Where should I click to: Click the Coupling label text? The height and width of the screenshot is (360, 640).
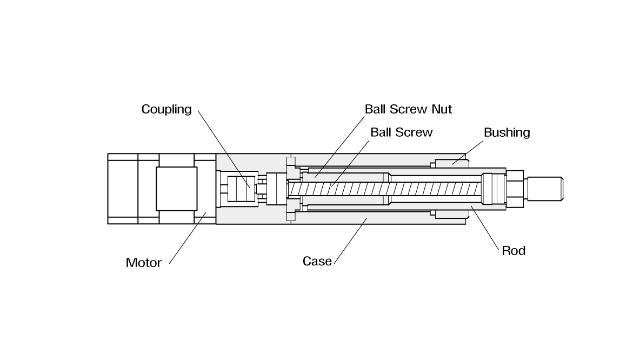click(x=166, y=110)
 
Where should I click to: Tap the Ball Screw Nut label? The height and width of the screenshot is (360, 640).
click(x=408, y=109)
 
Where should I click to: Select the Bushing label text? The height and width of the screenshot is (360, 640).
click(x=506, y=133)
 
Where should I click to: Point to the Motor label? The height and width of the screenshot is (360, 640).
click(x=144, y=263)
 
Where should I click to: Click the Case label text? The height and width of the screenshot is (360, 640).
click(x=317, y=262)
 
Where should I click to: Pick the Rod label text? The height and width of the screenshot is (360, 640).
click(x=514, y=251)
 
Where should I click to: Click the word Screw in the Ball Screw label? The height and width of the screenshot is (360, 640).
click(x=415, y=132)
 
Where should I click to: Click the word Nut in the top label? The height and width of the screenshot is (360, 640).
click(x=441, y=109)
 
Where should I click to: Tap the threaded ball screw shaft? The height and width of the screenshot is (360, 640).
click(x=378, y=189)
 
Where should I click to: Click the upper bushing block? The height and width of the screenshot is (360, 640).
click(x=452, y=163)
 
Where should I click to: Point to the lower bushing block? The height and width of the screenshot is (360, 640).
click(x=452, y=214)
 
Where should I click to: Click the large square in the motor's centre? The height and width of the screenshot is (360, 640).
click(x=177, y=189)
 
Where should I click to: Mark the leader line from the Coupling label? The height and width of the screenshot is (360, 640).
click(x=222, y=146)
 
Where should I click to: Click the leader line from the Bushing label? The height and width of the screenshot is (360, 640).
click(x=468, y=149)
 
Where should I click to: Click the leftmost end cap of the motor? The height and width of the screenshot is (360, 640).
click(x=123, y=189)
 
